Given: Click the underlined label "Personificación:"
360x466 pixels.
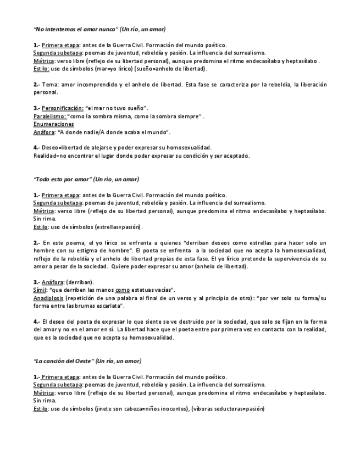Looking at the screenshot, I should pyautogui.click(x=62, y=109).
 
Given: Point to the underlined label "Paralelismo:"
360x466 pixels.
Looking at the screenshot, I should pyautogui.click(x=50, y=116).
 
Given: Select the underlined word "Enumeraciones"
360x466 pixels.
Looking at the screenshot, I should pyautogui.click(x=53, y=124).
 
